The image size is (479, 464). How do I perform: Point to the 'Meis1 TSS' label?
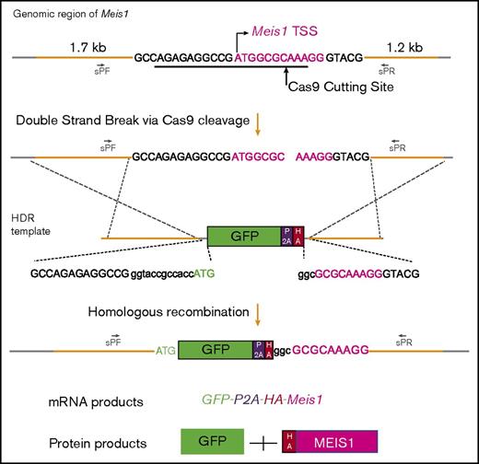[x=286, y=32]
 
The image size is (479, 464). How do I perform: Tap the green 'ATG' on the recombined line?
[x=166, y=352]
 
